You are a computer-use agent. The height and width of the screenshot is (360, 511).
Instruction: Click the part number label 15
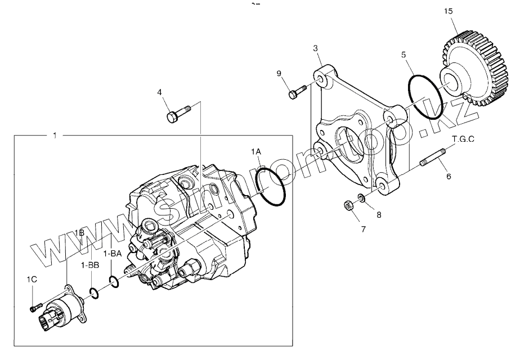tap(447, 11)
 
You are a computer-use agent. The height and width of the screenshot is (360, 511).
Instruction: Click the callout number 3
tap(317, 49)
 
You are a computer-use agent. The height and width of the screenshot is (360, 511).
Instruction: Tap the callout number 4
tap(159, 92)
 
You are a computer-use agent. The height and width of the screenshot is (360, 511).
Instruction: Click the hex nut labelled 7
tap(349, 205)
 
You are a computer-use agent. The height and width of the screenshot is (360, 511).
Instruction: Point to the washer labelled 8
tap(362, 198)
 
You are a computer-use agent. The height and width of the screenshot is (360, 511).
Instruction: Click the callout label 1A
tap(257, 152)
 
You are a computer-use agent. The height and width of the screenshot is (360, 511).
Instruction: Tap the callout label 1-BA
tap(113, 254)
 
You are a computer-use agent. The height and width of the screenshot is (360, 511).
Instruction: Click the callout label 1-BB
tap(90, 265)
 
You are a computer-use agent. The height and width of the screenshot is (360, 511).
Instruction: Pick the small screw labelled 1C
tap(36, 307)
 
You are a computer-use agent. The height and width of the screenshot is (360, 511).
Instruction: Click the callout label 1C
tap(32, 279)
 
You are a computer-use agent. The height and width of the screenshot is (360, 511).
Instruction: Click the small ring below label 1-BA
tap(113, 281)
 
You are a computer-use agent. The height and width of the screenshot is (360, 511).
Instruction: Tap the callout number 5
tap(403, 55)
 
